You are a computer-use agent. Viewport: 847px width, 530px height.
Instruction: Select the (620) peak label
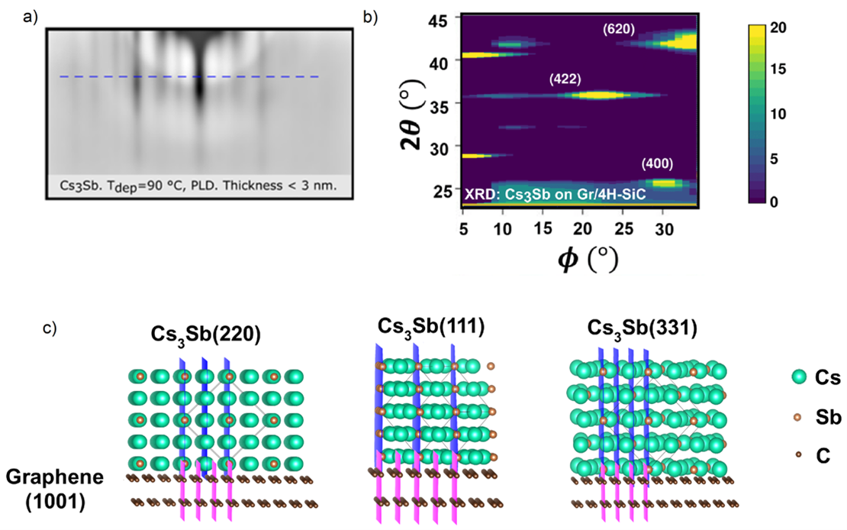619,30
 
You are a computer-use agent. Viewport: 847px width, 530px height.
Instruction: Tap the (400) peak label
657,163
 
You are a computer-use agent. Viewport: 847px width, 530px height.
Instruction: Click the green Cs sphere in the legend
799,376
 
